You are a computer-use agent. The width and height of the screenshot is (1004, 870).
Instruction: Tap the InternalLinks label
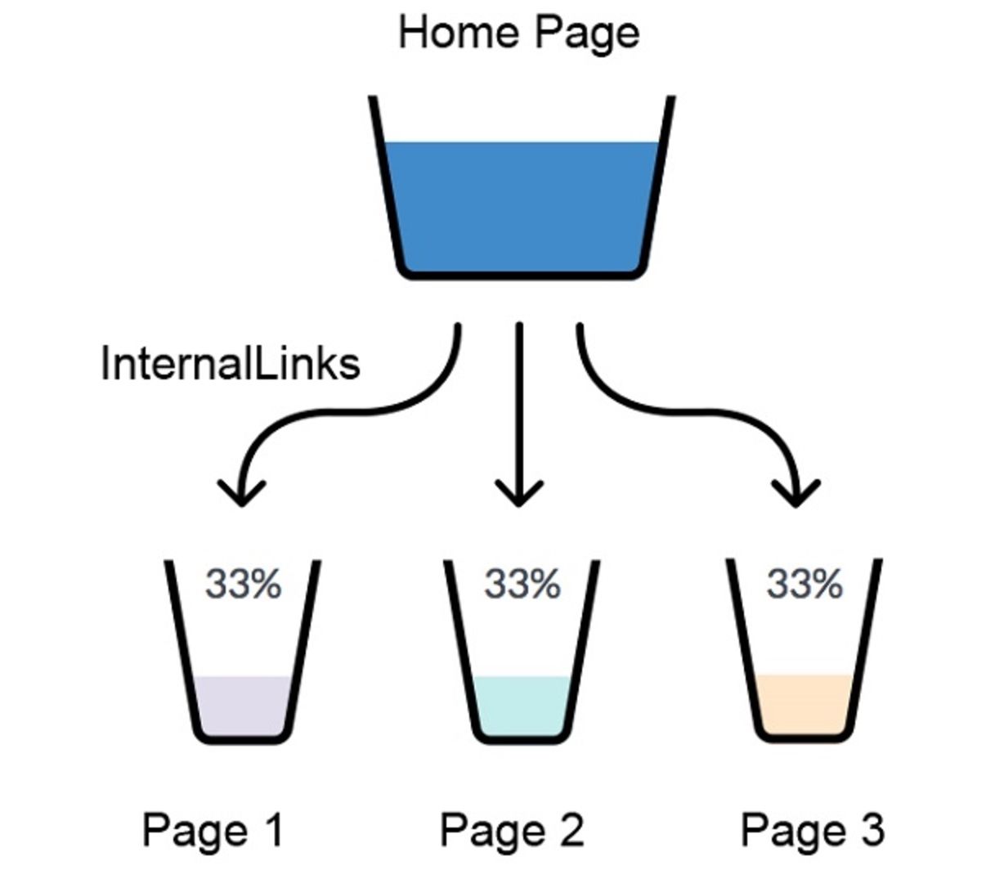point(231,363)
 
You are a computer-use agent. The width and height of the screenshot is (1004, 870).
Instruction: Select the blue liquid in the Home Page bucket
point(521,206)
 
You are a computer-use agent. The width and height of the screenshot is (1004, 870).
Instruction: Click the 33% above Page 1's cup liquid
point(244,583)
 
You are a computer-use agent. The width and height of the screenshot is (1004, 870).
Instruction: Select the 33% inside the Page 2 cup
point(522,583)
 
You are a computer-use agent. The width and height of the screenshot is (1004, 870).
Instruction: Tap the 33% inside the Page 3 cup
point(805,583)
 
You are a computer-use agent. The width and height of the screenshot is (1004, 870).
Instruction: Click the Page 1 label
point(213,831)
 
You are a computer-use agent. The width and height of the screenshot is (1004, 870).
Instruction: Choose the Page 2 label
point(512,831)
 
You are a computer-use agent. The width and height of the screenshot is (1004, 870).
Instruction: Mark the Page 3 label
point(813,831)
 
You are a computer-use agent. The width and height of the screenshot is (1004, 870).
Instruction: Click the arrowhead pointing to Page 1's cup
point(242,493)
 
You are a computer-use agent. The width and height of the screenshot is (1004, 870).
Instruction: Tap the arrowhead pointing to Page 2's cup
point(518,493)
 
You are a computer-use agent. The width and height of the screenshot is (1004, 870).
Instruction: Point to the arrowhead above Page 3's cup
point(796,493)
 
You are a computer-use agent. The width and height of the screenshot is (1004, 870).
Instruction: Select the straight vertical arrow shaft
point(519,413)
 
